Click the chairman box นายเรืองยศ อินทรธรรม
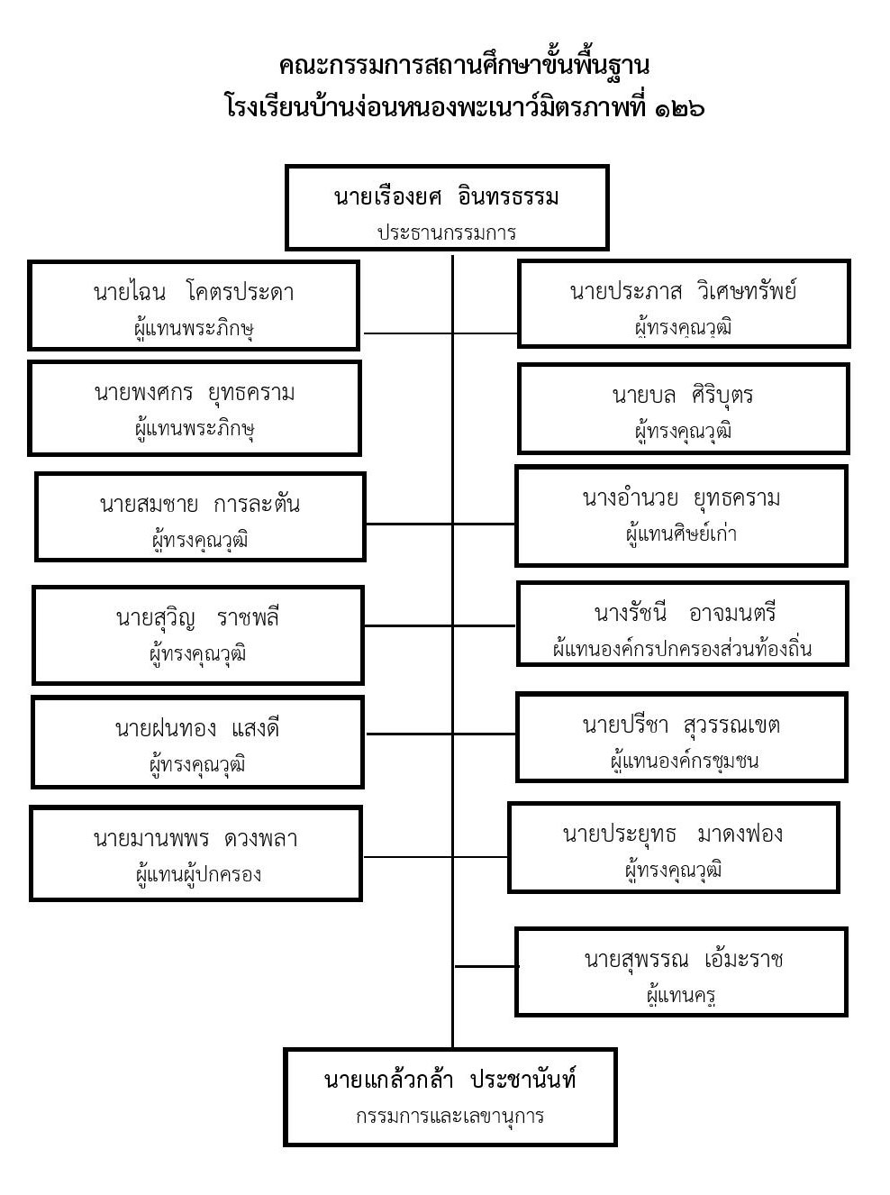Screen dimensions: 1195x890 point(447,207)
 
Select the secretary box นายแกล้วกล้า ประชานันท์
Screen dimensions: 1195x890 point(450,1097)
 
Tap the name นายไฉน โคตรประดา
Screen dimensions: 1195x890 point(194,292)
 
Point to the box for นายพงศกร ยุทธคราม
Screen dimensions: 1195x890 point(195,408)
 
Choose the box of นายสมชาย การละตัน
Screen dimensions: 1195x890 point(200,517)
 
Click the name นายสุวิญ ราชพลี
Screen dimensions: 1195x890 point(197,617)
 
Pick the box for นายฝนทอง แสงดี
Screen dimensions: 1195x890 point(197,742)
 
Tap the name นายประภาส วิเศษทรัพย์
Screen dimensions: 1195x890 point(684,291)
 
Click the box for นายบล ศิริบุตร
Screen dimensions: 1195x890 point(684,408)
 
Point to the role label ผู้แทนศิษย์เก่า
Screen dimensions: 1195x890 point(682,534)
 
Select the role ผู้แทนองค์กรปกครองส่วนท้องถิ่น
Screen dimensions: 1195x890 point(683,648)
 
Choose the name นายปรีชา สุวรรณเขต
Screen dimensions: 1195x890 point(681,725)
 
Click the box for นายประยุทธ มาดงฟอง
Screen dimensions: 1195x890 point(674,847)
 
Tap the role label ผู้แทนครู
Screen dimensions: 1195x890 point(681,996)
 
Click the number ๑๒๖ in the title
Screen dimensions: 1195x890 point(680,108)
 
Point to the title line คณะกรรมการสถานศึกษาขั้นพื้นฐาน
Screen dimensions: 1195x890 point(464,66)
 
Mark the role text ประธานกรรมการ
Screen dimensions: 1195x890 point(447,232)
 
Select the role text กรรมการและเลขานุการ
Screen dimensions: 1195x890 point(450,1116)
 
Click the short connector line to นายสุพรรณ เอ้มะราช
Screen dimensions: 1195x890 point(486,966)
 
